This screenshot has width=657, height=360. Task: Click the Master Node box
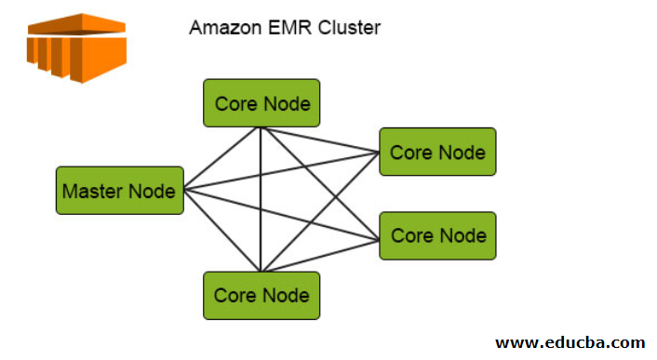[x=119, y=191]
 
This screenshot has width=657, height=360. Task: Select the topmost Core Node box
[x=261, y=102]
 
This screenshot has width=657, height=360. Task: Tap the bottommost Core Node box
[x=261, y=295]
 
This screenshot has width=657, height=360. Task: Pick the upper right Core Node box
[x=437, y=152]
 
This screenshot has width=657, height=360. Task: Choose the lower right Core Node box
[x=437, y=235]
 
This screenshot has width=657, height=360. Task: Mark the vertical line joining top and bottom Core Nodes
[x=261, y=200]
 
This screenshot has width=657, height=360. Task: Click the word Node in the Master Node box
[x=153, y=191]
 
